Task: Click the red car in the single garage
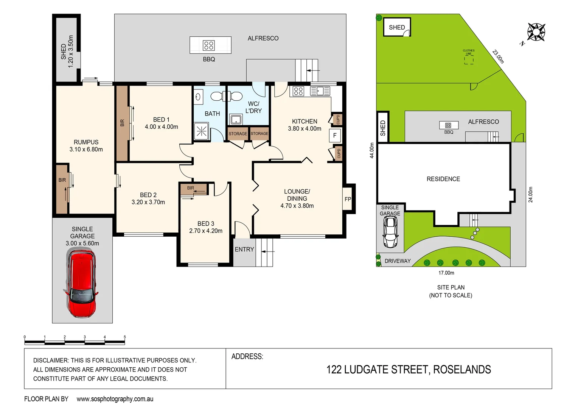tap(82, 284)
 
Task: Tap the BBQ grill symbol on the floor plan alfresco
tap(209, 45)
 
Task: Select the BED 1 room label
tap(161, 120)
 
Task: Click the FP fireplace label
tap(348, 199)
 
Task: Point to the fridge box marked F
tap(335, 135)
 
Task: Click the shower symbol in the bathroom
tap(201, 131)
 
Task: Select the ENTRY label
tap(244, 250)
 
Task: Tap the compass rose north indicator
tap(536, 32)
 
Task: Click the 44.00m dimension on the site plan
tap(372, 150)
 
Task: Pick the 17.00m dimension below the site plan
tap(446, 273)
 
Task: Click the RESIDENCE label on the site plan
tap(443, 179)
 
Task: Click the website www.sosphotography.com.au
tap(115, 399)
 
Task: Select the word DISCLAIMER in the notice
tap(51, 361)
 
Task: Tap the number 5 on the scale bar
tap(124, 337)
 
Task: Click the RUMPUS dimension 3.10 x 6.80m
tap(86, 150)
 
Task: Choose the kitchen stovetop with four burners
tap(298, 91)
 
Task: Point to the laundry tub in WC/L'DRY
tap(236, 120)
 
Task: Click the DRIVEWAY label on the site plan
tap(398, 261)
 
